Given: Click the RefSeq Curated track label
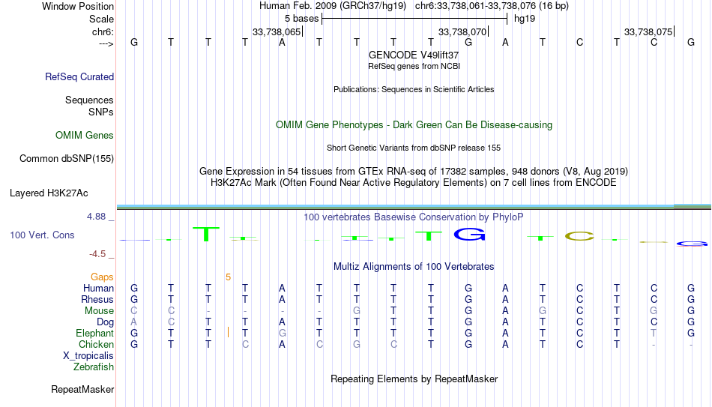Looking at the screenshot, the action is [79, 76].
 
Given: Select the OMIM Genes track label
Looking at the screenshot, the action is [85, 136].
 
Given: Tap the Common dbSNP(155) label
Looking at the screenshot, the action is [67, 159].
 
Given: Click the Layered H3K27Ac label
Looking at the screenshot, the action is [49, 193].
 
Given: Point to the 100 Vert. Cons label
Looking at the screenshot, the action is [42, 235].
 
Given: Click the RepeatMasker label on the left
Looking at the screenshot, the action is [82, 389].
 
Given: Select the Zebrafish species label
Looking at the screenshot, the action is [94, 367].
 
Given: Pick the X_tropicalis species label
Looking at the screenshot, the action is [88, 356].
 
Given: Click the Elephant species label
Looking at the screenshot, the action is [94, 333].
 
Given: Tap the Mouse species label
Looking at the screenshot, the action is [99, 311].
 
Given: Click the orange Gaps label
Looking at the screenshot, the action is [102, 277].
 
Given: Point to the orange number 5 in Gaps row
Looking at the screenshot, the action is [228, 277].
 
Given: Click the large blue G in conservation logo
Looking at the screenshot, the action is [469, 234].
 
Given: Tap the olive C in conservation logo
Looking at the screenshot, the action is [579, 236].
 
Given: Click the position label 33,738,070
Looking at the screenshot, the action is [462, 31].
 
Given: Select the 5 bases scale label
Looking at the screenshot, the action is [301, 19].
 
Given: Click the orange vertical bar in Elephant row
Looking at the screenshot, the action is [228, 333].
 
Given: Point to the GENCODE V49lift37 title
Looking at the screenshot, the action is [414, 55].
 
